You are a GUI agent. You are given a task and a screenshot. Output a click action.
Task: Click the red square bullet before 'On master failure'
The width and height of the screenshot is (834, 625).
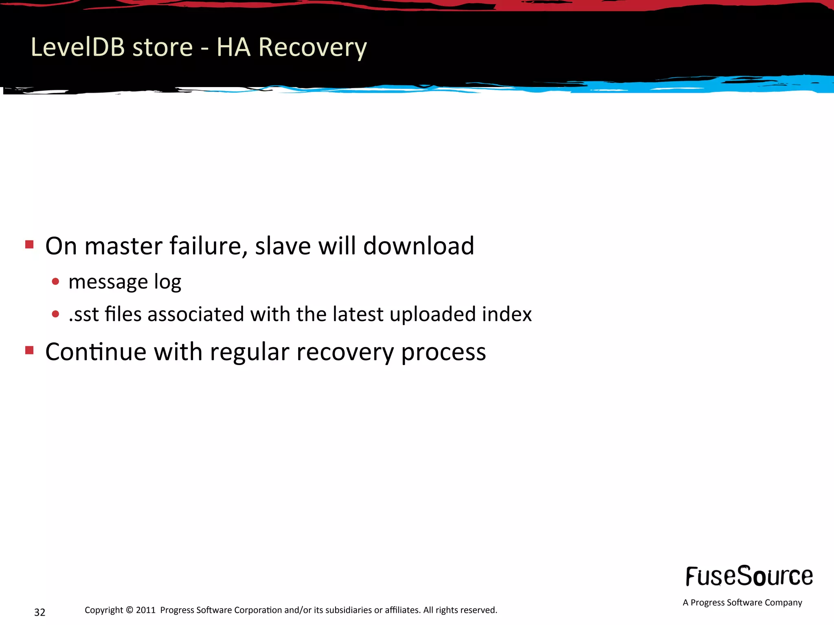(x=29, y=244)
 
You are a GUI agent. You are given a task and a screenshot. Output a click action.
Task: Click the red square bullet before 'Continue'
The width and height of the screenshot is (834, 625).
(x=29, y=350)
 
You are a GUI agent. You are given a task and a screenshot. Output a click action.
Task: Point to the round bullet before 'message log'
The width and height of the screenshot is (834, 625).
(x=56, y=282)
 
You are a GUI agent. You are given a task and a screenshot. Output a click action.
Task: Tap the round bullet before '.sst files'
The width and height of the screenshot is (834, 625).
(x=56, y=314)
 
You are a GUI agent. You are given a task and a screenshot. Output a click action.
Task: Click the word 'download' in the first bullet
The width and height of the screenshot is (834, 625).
(x=418, y=246)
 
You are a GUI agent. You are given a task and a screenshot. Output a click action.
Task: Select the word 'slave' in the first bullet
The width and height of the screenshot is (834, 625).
(x=283, y=246)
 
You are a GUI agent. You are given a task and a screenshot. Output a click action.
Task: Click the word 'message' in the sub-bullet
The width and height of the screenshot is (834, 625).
(x=108, y=282)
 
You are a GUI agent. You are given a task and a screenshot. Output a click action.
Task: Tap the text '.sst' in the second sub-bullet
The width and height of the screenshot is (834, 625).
(x=83, y=315)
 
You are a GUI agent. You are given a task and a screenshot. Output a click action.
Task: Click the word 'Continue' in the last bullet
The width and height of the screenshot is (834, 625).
(x=96, y=352)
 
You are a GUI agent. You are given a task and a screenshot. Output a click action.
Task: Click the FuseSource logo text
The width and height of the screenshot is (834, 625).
(x=749, y=576)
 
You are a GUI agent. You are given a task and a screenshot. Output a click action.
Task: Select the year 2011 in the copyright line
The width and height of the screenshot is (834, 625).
(x=145, y=610)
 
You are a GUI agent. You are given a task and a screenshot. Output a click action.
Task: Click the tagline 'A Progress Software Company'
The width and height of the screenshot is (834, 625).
(x=742, y=603)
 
